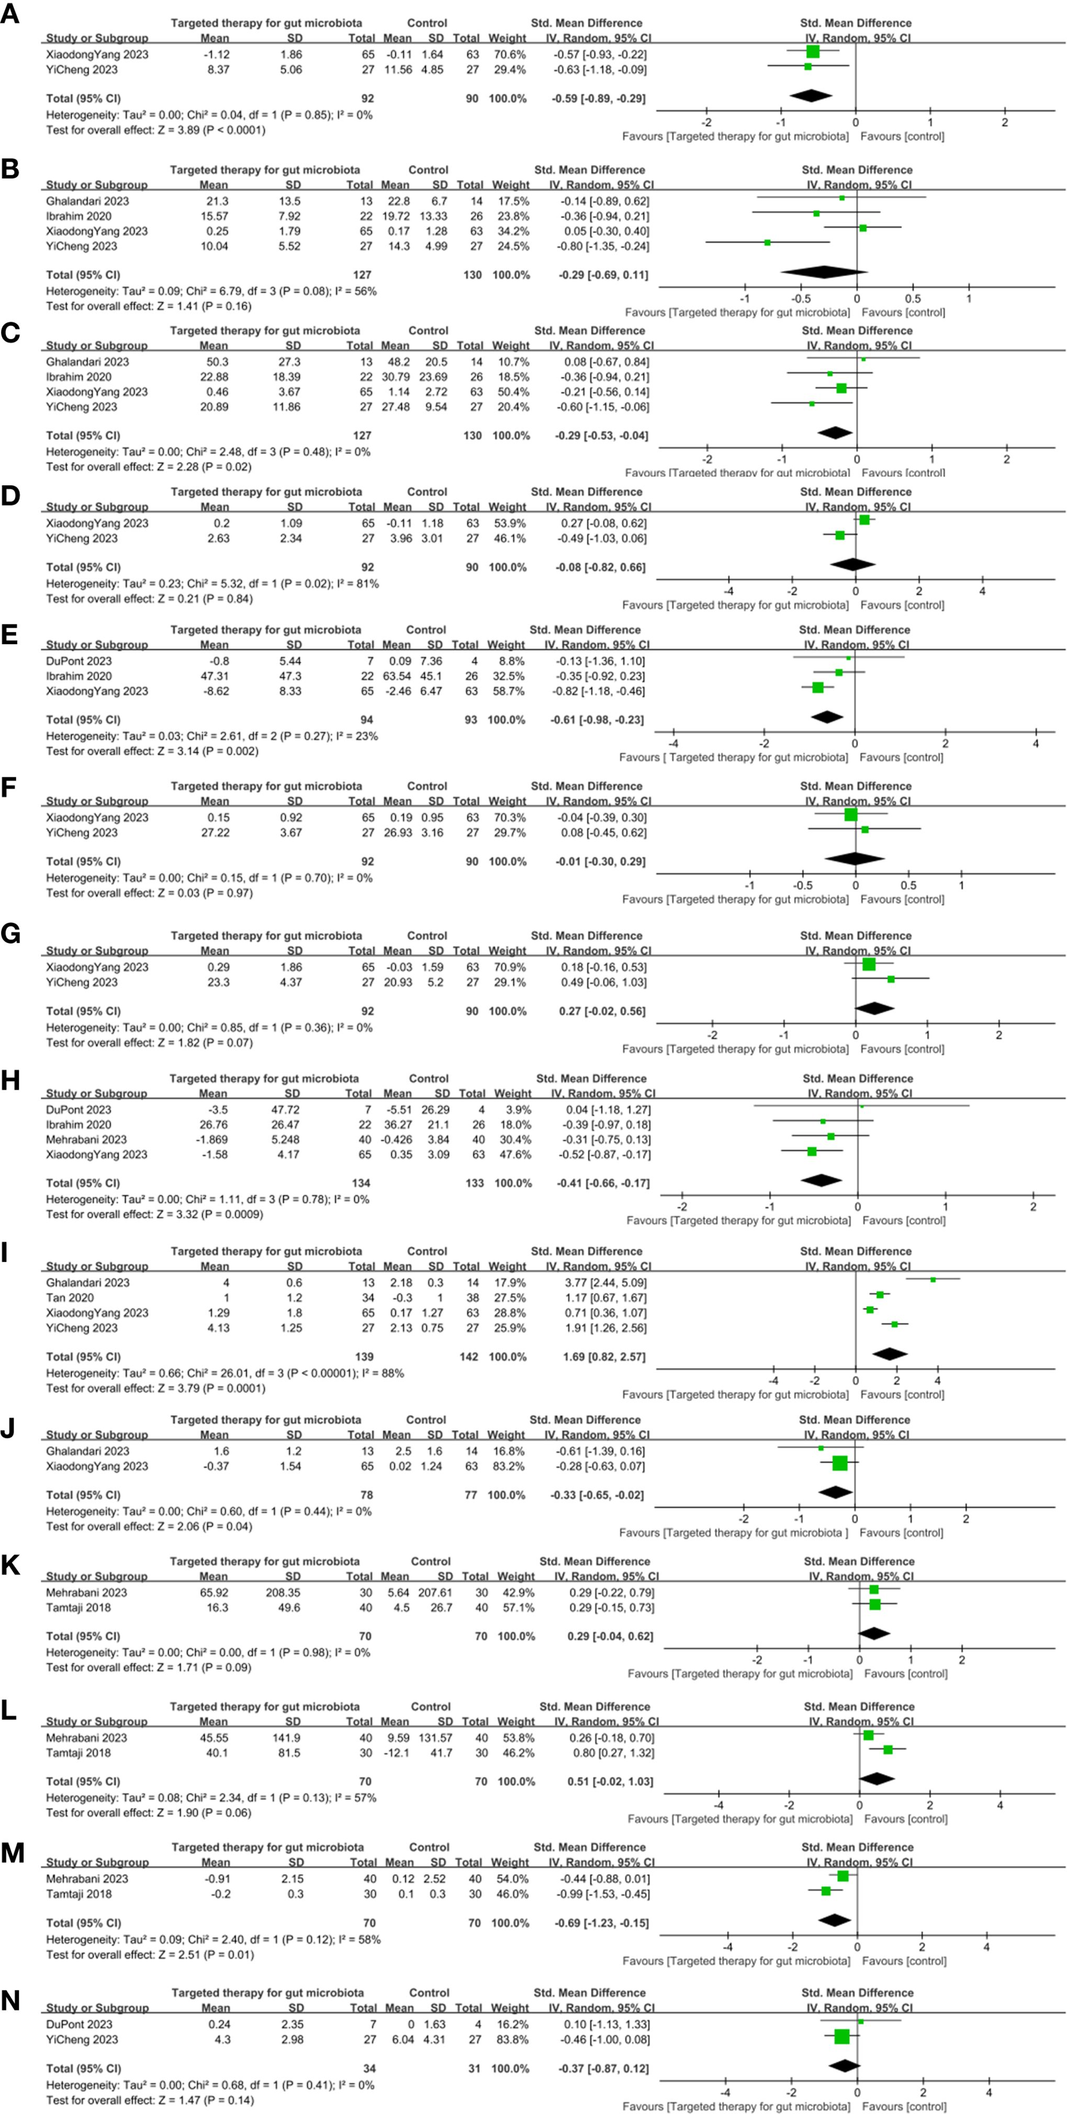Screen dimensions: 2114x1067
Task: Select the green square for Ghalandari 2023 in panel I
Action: pyautogui.click(x=933, y=1279)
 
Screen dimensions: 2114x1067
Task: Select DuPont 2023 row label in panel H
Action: pyautogui.click(x=79, y=1110)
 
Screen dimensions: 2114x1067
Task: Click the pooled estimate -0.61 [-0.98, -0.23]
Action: pyautogui.click(x=597, y=720)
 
